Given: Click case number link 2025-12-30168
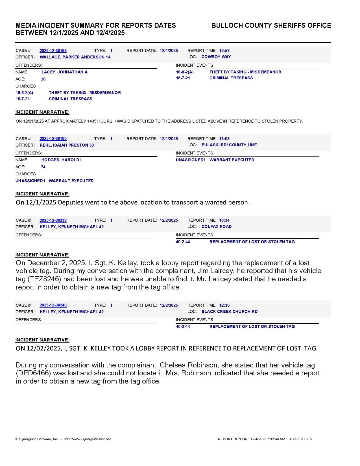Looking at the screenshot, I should [53, 51].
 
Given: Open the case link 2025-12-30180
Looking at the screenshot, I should [53, 139].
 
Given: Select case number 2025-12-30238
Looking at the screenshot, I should [53, 220].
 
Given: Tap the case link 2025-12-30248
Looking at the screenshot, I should [53, 305].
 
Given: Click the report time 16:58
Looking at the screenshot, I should [224, 51].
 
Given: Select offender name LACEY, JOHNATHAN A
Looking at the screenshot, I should [64, 72].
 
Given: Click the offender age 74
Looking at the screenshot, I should [43, 167].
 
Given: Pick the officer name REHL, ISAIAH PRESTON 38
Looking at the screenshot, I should [67, 145].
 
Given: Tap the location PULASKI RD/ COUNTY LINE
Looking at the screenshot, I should [229, 145].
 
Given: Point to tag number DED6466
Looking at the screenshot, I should [34, 373].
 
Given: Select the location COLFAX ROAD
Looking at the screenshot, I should [216, 227].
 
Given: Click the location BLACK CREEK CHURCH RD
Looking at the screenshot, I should [229, 312].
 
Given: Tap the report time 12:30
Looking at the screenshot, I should [224, 305].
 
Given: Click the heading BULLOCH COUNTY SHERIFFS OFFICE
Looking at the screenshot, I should [271, 25].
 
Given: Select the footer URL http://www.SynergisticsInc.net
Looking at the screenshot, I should [87, 439].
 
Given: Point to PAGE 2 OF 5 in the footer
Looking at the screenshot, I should [301, 439].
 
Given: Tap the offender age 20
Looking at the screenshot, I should [43, 79].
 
